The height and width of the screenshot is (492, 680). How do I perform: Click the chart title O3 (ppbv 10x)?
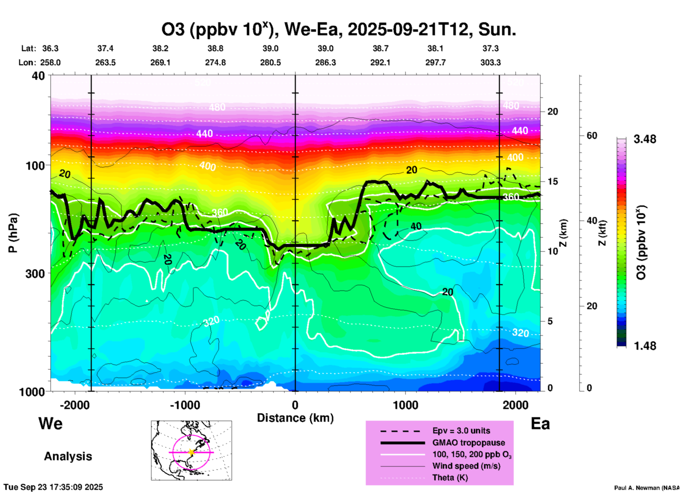[x=339, y=30]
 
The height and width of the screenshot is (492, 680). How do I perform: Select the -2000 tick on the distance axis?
[x=74, y=405]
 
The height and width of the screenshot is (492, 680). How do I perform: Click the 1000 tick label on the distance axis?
[x=405, y=405]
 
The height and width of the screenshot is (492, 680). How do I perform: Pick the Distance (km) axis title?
[x=295, y=418]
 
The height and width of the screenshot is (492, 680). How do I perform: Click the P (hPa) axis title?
[x=13, y=233]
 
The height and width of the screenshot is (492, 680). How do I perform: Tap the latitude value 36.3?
[x=50, y=48]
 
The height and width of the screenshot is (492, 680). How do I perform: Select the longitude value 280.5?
[x=270, y=62]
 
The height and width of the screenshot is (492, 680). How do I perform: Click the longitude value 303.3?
[x=490, y=62]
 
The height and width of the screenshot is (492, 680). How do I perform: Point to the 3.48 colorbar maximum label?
[x=645, y=139]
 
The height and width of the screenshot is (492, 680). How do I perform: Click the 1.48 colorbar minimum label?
[x=645, y=346]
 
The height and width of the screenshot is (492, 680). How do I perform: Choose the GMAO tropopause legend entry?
[x=469, y=443]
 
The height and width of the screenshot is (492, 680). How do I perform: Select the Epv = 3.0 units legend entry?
[x=461, y=431]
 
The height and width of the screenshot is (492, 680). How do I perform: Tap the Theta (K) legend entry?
[x=450, y=478]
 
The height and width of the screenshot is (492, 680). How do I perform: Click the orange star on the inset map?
[x=191, y=452]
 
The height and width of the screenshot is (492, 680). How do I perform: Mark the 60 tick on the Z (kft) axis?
[x=592, y=136]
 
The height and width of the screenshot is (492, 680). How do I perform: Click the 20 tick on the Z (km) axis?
[x=553, y=112]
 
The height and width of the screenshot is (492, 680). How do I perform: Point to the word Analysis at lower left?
[x=68, y=456]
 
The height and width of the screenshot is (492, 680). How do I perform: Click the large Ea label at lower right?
[x=540, y=424]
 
